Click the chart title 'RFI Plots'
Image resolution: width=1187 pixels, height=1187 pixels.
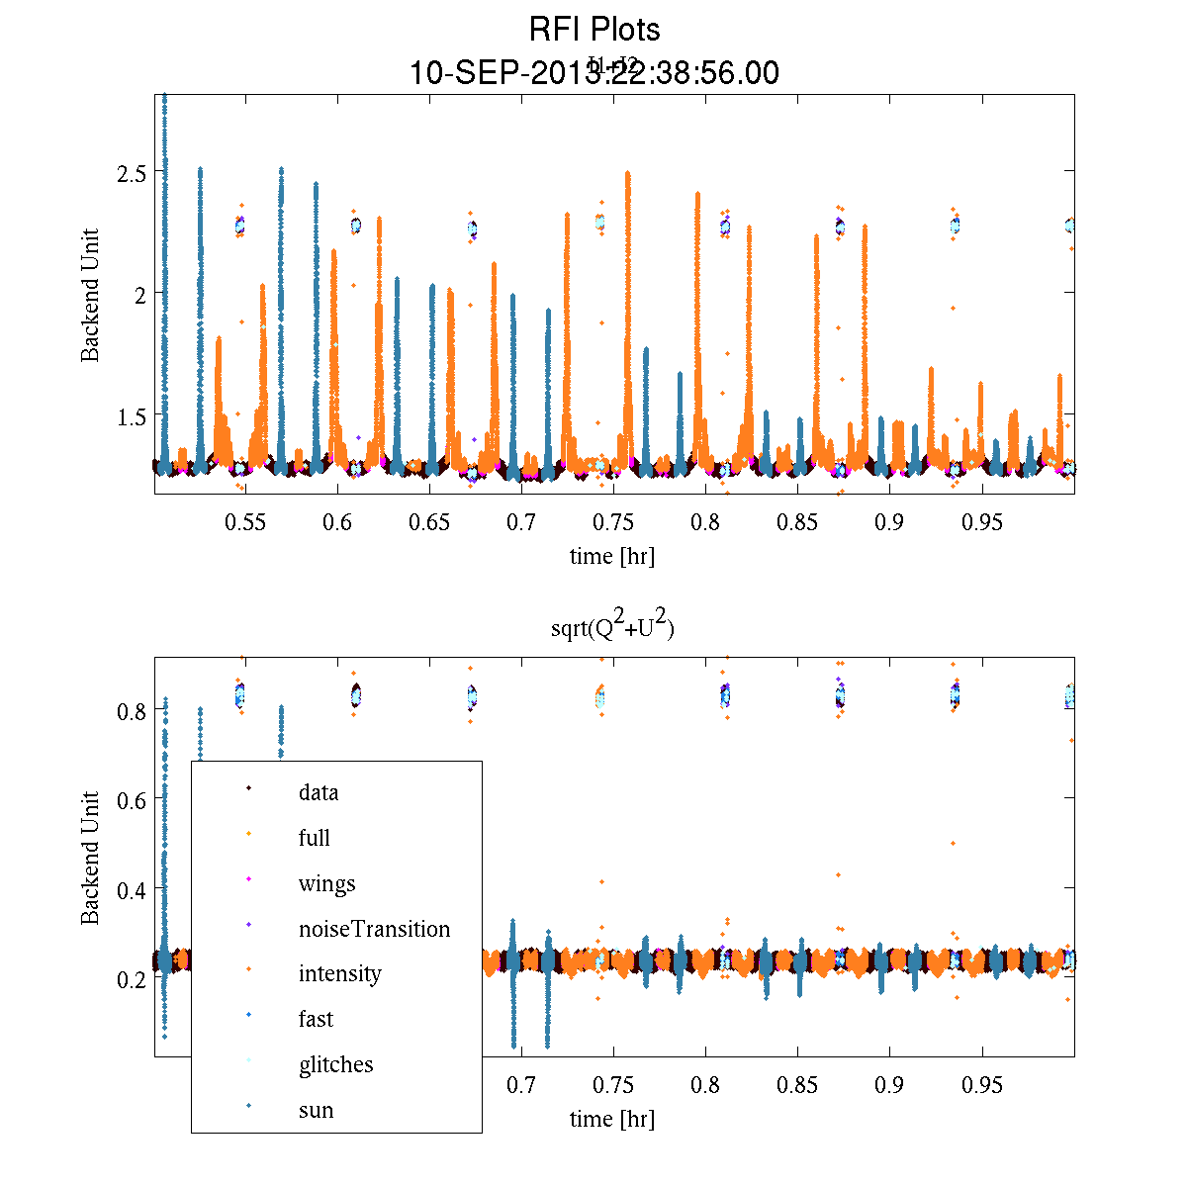coord(594,29)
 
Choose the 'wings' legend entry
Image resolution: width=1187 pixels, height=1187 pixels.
coord(326,883)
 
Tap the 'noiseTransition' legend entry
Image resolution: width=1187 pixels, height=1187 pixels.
coord(374,929)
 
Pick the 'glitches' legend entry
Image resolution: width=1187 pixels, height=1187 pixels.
coord(335,1064)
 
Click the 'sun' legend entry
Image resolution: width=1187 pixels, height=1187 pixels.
coord(316,1110)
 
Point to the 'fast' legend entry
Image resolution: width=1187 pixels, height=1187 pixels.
coord(316,1019)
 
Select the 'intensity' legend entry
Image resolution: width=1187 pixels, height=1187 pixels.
coord(339,973)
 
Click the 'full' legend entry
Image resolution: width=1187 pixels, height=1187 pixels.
coord(314,838)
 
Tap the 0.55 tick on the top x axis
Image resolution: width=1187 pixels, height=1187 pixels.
coord(245,522)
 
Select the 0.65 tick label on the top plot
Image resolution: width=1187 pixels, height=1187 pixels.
coord(429,522)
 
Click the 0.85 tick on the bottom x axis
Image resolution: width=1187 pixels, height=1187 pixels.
coord(797,1086)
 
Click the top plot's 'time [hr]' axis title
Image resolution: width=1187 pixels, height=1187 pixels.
coord(612,556)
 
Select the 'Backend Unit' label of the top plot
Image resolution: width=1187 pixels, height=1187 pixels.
coord(90,295)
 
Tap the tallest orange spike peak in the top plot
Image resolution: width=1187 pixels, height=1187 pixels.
coord(627,173)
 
